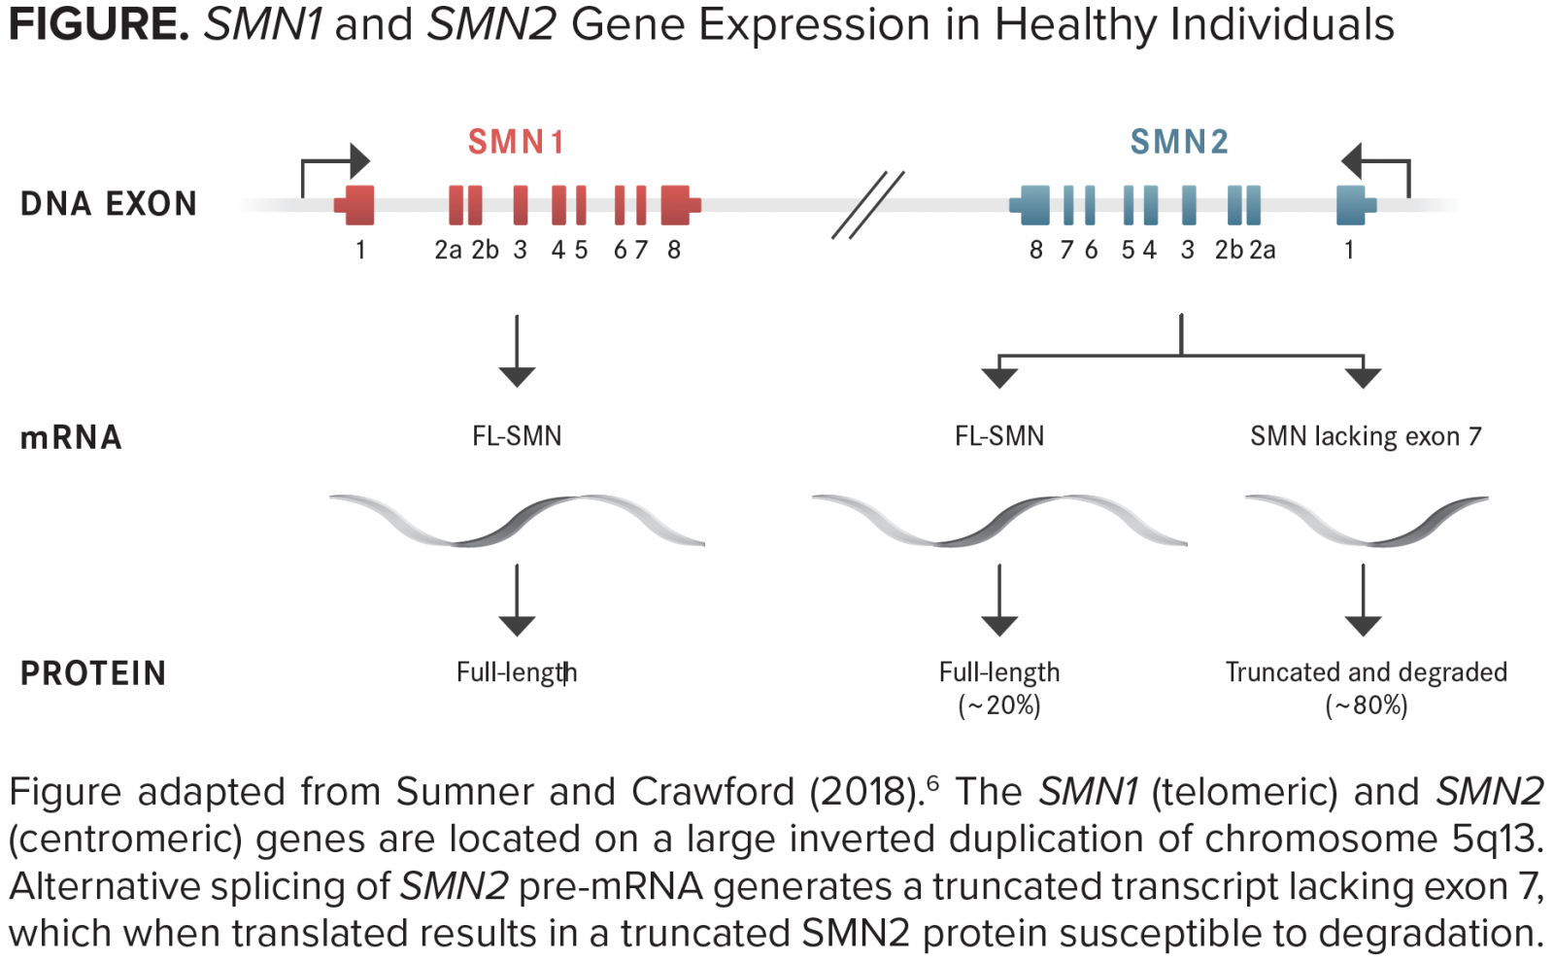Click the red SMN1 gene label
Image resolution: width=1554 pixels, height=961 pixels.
(516, 142)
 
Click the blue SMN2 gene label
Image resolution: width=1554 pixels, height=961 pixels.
(1179, 142)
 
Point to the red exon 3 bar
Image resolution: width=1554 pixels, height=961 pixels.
(521, 205)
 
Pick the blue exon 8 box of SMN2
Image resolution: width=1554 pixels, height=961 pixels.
(1030, 205)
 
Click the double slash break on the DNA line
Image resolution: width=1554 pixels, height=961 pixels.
(868, 205)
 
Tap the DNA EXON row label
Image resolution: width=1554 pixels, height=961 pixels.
(109, 204)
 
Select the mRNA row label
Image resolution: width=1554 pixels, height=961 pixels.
(72, 438)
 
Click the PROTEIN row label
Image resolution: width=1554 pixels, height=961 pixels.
(93, 673)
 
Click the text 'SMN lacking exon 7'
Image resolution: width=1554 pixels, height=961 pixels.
(1366, 436)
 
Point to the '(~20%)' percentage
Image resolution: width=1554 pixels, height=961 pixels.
(999, 705)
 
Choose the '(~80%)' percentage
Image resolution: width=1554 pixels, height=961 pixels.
(1366, 705)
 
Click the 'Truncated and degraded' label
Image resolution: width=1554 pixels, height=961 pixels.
(1366, 672)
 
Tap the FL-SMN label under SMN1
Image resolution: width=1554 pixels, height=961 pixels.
(517, 436)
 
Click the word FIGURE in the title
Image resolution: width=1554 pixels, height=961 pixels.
(98, 25)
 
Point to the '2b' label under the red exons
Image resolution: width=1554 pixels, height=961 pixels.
(485, 250)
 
